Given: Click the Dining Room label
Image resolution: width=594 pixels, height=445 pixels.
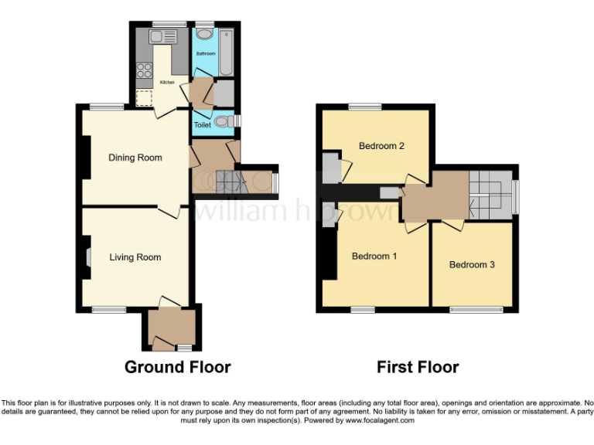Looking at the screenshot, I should pyautogui.click(x=135, y=158).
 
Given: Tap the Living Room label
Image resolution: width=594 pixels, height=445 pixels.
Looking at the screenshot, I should pyautogui.click(x=135, y=257).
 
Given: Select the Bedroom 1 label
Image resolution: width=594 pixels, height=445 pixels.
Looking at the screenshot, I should pyautogui.click(x=374, y=256).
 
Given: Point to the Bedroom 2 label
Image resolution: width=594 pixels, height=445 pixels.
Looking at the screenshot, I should pyautogui.click(x=381, y=146).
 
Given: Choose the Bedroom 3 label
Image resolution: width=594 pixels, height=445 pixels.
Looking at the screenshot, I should pyautogui.click(x=472, y=265).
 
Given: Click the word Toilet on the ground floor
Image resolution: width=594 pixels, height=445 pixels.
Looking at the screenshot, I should pyautogui.click(x=202, y=124).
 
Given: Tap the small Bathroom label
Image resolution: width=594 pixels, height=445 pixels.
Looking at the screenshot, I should pyautogui.click(x=205, y=54).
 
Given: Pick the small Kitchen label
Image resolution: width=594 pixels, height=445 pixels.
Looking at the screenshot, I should pyautogui.click(x=167, y=82).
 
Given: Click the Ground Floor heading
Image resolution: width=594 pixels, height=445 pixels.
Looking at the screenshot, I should pyautogui.click(x=177, y=367).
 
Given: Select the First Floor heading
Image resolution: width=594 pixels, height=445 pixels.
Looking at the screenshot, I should pyautogui.click(x=418, y=367).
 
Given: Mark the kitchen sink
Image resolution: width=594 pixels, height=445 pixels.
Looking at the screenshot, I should pyautogui.click(x=163, y=36).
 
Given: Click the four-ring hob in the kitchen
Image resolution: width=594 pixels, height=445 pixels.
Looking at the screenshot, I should pyautogui.click(x=144, y=71).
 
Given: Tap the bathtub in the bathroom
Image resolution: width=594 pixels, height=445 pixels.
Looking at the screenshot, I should pyautogui.click(x=226, y=51).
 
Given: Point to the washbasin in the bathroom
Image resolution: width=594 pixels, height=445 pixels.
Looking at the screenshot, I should pyautogui.click(x=204, y=34).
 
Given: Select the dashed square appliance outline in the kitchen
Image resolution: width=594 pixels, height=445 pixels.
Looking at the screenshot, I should pyautogui.click(x=144, y=97).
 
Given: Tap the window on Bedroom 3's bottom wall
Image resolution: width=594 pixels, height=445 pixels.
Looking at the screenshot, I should pyautogui.click(x=471, y=310).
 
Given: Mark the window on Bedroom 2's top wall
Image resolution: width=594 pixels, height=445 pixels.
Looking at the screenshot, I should pyautogui.click(x=364, y=107).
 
